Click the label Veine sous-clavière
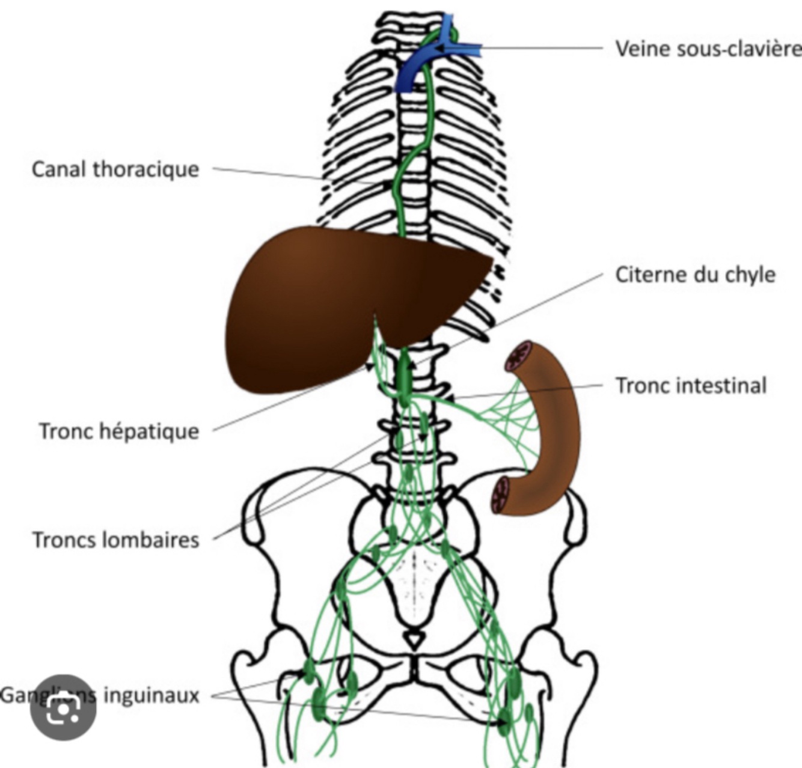(x=708, y=48)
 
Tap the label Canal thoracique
(x=115, y=169)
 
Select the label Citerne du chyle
(x=694, y=275)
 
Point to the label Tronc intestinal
(x=691, y=385)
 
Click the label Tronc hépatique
(x=118, y=431)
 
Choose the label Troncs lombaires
(x=115, y=540)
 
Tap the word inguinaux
(x=151, y=695)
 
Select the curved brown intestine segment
(x=550, y=433)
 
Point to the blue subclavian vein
(x=421, y=66)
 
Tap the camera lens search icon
(x=63, y=708)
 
